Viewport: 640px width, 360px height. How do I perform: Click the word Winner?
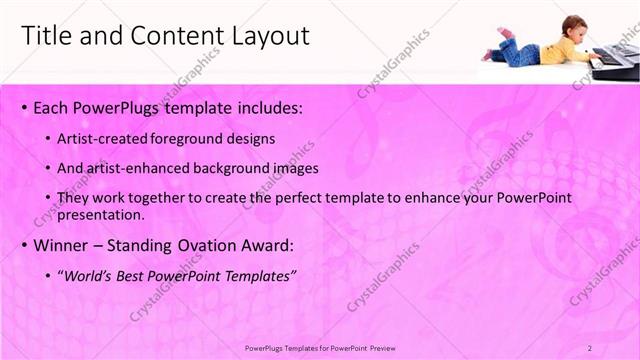[x=62, y=245]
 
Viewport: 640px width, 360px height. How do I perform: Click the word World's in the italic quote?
[x=90, y=275]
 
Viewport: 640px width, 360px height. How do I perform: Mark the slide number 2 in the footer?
[x=590, y=348]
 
